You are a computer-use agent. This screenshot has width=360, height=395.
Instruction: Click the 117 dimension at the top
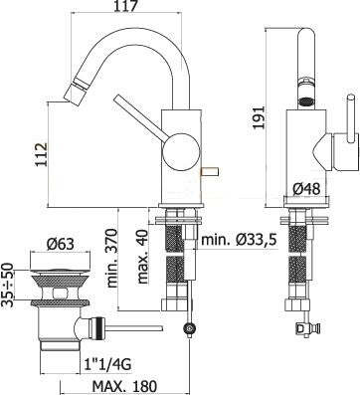(127, 6)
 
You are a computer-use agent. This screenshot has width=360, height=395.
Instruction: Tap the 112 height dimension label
(41, 155)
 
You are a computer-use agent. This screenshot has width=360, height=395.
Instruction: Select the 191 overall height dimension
(258, 117)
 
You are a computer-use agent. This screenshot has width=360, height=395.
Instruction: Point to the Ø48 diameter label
(306, 189)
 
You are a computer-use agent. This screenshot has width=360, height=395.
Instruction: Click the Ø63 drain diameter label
(60, 245)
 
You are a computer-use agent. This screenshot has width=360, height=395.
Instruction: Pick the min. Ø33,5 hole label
(239, 239)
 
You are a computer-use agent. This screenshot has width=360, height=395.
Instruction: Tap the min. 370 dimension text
(112, 258)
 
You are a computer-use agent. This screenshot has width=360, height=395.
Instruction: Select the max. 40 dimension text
(142, 257)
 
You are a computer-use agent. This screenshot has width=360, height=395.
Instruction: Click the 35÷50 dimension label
(7, 286)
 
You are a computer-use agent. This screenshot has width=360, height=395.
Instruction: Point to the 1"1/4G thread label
(106, 365)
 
